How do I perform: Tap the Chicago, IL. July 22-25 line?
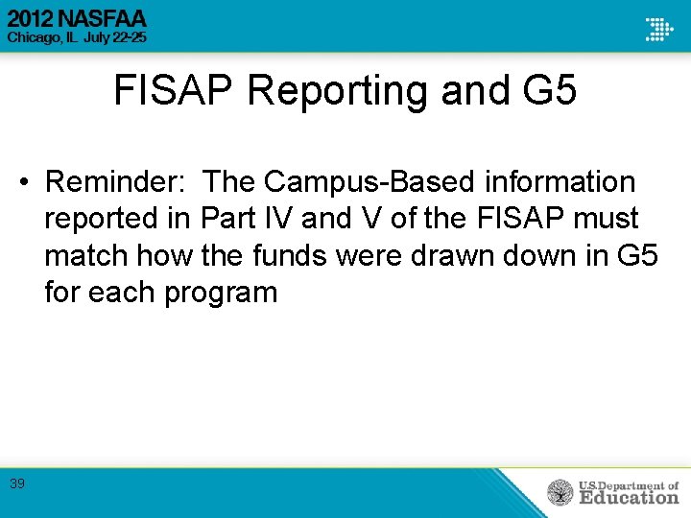coord(77,37)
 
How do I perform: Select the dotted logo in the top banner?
coord(658,28)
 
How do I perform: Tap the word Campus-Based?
coord(354,181)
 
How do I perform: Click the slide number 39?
coord(17,484)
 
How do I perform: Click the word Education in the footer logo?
coord(629,498)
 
